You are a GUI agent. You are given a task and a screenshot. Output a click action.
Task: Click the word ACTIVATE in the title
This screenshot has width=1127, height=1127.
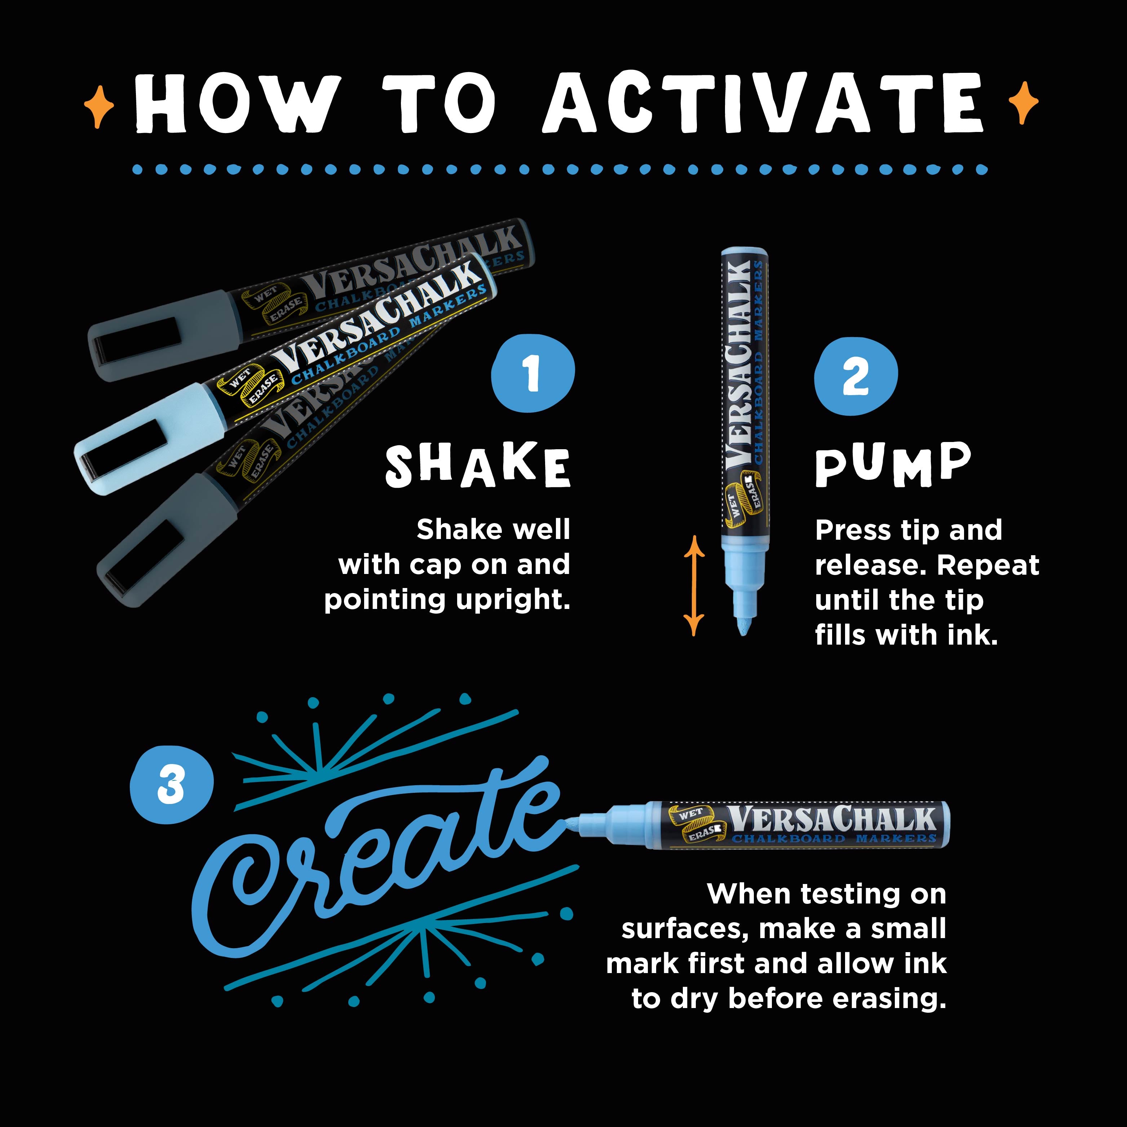[x=764, y=104]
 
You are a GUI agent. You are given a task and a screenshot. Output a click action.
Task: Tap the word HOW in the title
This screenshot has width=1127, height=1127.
[x=233, y=104]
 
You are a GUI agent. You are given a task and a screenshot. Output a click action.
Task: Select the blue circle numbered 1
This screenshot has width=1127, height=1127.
[x=532, y=374]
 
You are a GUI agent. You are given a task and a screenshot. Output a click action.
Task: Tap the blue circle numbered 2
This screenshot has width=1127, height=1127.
[x=856, y=377]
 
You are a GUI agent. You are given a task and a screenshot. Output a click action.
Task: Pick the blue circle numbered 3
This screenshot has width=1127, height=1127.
[x=171, y=785]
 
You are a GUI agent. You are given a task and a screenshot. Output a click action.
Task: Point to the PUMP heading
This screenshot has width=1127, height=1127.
[x=893, y=465]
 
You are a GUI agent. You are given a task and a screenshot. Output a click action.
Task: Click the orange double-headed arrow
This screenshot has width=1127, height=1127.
[x=694, y=585]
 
